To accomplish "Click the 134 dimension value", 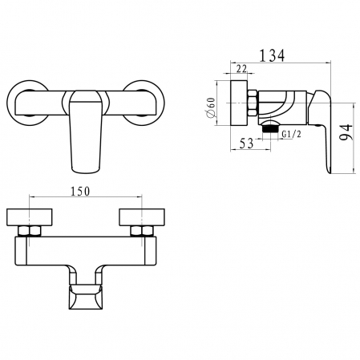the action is click(273, 55).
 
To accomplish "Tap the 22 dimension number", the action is click(241, 69).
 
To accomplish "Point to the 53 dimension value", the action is click(246, 144).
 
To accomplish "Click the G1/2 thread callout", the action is click(292, 134).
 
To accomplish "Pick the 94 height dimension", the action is click(346, 131).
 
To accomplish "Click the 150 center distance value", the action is click(80, 192).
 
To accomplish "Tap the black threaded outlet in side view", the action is click(270, 129).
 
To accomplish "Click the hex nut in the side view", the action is click(253, 103).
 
